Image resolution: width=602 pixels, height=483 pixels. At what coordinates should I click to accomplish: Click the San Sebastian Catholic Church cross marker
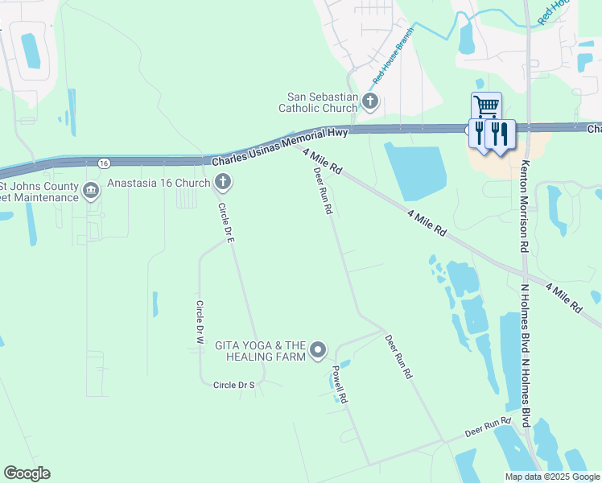click(370, 101)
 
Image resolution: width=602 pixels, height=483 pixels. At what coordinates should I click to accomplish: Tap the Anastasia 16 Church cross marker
click(222, 184)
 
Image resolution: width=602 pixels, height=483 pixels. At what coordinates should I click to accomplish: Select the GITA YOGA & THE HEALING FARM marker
click(318, 349)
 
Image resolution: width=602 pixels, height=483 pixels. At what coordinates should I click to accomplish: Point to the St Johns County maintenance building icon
click(90, 191)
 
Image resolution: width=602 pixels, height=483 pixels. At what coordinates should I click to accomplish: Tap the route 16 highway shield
click(105, 163)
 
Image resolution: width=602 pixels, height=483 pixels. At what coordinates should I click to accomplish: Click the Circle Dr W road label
click(199, 323)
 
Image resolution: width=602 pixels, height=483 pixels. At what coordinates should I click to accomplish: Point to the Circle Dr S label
click(233, 386)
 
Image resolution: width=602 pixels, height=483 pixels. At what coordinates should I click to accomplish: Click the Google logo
click(27, 473)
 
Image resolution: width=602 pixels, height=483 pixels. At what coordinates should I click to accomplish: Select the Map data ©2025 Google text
click(551, 477)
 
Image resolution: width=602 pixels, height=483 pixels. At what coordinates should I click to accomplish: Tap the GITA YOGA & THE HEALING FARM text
click(260, 350)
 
